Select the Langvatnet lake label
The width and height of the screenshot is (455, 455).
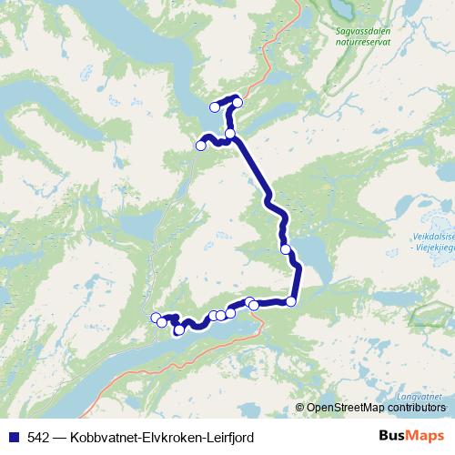pyautogui.click(x=420, y=398)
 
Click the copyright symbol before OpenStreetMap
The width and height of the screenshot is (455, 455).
pyautogui.click(x=300, y=408)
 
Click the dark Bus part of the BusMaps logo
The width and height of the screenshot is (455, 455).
pyautogui.click(x=392, y=436)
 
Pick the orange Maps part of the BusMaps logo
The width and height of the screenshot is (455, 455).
pyautogui.click(x=427, y=436)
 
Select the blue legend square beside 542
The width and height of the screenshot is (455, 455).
pyautogui.click(x=14, y=437)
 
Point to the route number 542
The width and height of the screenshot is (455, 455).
pyautogui.click(x=39, y=437)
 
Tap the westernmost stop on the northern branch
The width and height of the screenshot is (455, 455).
pyautogui.click(x=201, y=145)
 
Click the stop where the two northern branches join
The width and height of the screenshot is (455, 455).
pyautogui.click(x=230, y=134)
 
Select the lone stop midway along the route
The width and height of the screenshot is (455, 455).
pyautogui.click(x=286, y=249)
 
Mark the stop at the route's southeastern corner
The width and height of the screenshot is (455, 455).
pyautogui.click(x=291, y=301)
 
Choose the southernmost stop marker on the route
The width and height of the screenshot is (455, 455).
pyautogui.click(x=179, y=329)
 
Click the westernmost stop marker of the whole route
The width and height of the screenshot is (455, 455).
pyautogui.click(x=156, y=317)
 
